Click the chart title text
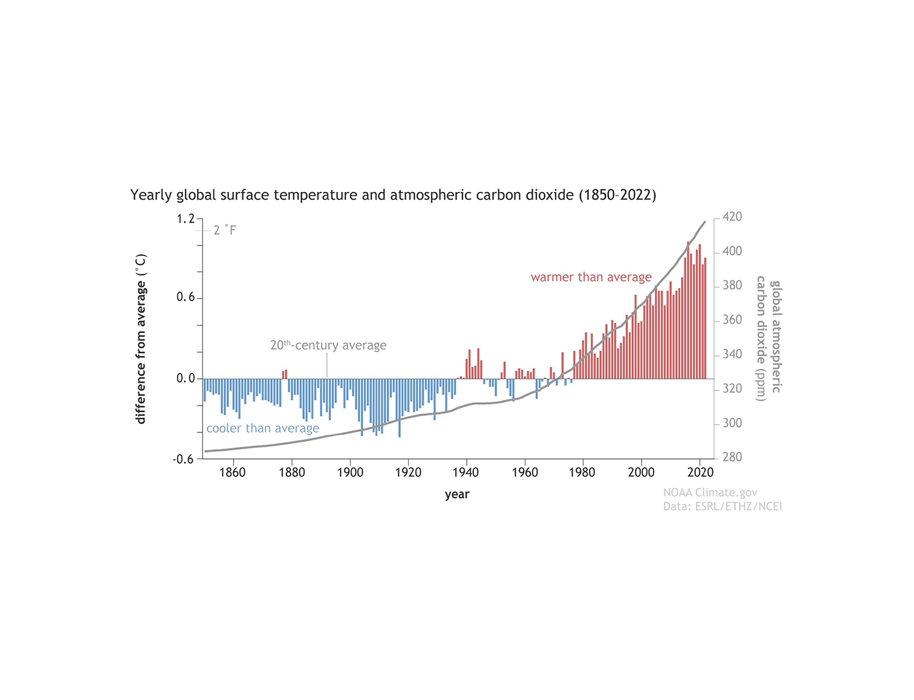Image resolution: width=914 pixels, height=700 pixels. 393,195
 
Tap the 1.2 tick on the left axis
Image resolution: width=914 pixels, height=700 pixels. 185,219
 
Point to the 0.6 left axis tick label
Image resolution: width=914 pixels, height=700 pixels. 185,298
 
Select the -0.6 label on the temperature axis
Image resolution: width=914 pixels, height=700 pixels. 183,459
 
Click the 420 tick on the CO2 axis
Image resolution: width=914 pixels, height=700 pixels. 732,217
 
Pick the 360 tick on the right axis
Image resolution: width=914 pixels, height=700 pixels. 732,320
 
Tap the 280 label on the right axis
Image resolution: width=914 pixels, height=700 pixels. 732,457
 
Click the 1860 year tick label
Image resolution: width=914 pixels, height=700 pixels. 232,473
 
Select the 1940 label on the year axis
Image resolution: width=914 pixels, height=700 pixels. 466,473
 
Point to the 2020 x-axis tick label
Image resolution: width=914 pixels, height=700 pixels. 700,473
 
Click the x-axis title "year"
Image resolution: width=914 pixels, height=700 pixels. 457,494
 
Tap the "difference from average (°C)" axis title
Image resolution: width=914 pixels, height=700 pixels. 141,339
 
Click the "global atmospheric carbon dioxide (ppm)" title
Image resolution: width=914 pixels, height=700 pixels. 768,336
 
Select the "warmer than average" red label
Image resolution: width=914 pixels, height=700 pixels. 591,277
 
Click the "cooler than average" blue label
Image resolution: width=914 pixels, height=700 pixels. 262,428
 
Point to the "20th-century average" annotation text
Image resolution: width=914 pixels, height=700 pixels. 328,345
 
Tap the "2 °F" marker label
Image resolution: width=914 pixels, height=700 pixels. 225,230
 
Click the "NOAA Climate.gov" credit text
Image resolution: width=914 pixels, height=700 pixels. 710,492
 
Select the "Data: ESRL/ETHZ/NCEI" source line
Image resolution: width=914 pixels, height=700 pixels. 722,506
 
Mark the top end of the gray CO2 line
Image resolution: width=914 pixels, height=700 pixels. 704,222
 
